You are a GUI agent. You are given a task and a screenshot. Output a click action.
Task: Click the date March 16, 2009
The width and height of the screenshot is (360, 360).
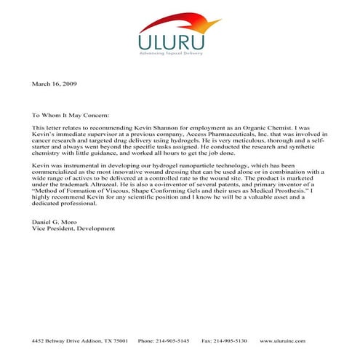tap(55, 84)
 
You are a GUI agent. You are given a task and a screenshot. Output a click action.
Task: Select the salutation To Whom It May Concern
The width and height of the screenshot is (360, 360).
tap(71, 115)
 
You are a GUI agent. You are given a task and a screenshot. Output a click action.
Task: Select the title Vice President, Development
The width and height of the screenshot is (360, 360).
tap(73, 228)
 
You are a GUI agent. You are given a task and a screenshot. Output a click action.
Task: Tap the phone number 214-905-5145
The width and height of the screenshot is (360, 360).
tap(173, 340)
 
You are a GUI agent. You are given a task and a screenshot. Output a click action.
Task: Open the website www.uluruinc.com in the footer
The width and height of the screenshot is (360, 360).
tap(292, 340)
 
